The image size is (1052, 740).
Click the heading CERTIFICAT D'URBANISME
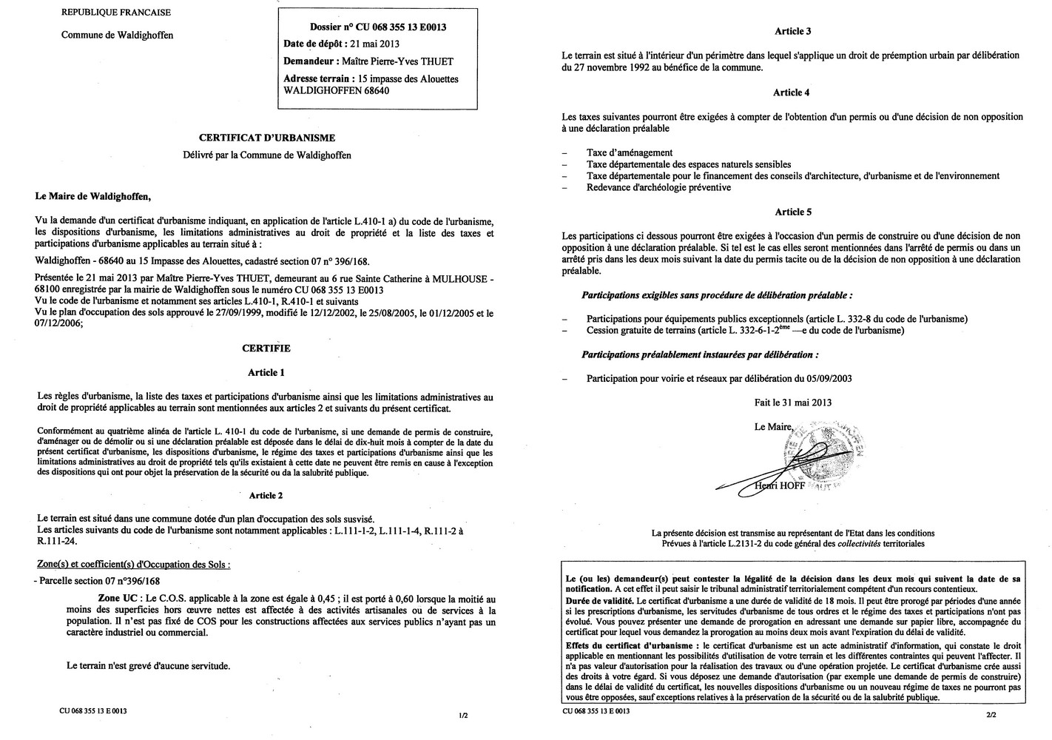pos(267,138)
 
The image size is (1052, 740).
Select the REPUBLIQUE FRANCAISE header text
pos(115,12)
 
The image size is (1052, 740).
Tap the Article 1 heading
pos(267,372)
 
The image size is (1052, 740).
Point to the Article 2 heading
pos(266,496)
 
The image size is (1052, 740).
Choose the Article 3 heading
pos(793,31)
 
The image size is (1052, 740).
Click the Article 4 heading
pos(792,92)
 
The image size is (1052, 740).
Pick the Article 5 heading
pos(793,212)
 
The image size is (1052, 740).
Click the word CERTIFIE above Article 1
pos(266,349)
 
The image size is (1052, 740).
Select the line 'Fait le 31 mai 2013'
pos(793,403)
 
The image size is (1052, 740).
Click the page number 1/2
pos(463,716)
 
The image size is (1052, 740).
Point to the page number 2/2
pos(991,716)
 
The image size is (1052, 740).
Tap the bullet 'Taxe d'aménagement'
pos(630,152)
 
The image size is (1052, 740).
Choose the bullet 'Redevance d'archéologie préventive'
pos(658,187)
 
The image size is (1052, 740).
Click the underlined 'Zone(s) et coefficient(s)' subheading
pos(133,564)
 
